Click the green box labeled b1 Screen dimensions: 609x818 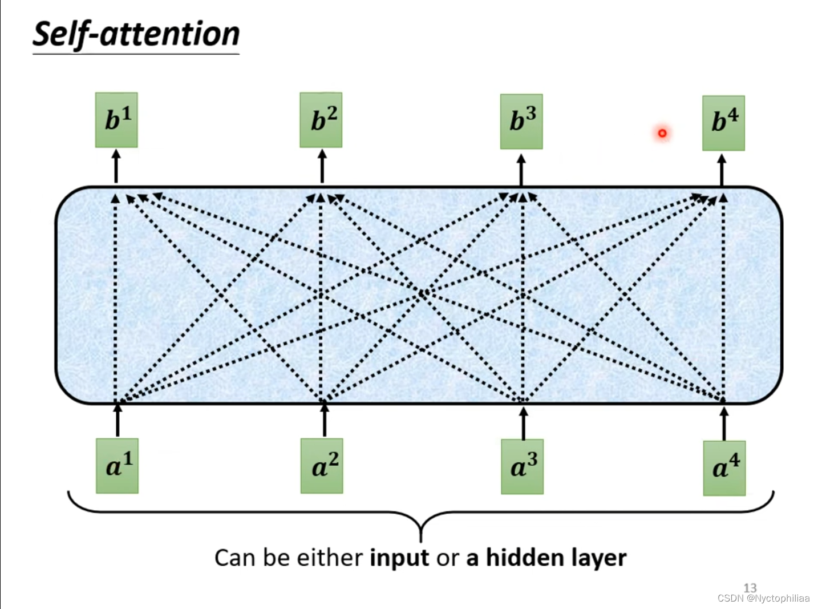116,120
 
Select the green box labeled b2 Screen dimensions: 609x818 321,120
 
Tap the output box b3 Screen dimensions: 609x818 521,122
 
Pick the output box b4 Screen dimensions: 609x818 723,123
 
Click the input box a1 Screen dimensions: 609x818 117,466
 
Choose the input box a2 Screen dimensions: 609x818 322,466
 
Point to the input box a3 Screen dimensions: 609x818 522,466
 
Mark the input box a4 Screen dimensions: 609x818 724,467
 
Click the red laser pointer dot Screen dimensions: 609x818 662,133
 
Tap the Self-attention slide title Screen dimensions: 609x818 136,34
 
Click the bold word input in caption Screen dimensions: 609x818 399,558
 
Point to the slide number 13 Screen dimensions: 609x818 750,587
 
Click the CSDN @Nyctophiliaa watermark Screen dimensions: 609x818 763,598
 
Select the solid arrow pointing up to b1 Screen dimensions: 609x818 116,167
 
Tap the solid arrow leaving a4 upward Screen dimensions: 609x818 724,424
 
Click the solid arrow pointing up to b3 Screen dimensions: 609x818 521,170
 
